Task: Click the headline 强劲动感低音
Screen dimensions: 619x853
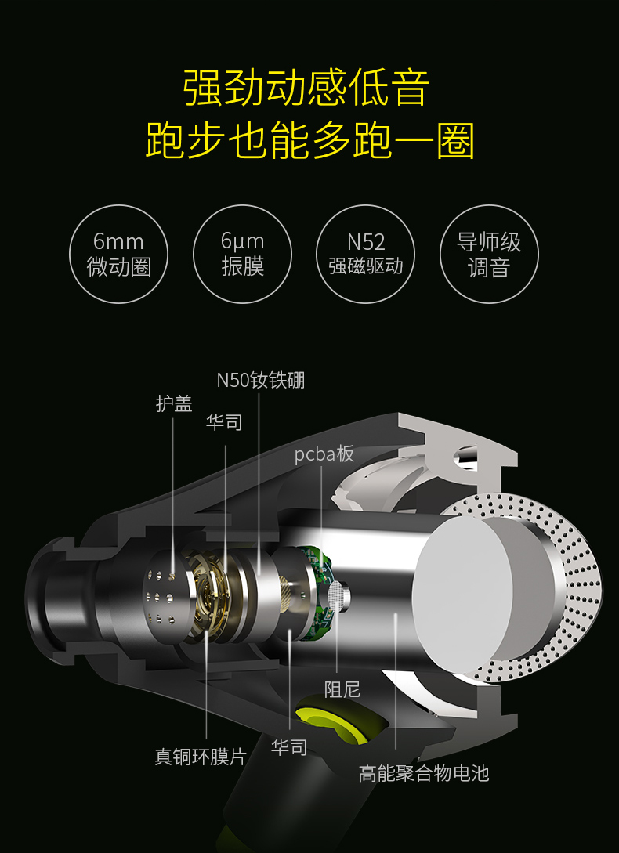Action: (306, 87)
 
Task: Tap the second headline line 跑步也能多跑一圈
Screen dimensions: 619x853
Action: (309, 140)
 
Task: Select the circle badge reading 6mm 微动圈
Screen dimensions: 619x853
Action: (118, 254)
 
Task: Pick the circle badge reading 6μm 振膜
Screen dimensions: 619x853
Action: (242, 254)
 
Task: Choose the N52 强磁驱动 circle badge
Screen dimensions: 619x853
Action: (366, 254)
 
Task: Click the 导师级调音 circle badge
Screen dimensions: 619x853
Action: (489, 254)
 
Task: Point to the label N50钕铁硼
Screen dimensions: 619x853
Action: (261, 380)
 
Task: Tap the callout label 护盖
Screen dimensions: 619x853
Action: (174, 403)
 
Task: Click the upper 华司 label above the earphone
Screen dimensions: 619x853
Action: (224, 422)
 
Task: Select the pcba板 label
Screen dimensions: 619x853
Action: (324, 454)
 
